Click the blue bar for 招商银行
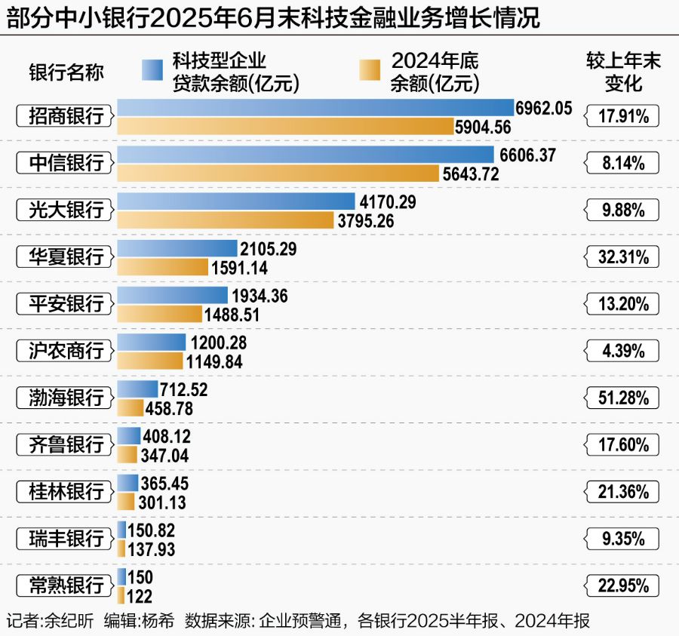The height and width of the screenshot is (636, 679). tap(315, 108)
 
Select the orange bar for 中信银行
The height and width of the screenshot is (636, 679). tap(278, 174)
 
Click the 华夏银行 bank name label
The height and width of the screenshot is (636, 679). tap(66, 257)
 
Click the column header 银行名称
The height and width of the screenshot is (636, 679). tap(66, 72)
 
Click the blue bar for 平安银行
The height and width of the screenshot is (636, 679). tap(172, 295)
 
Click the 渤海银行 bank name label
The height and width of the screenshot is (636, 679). tap(66, 397)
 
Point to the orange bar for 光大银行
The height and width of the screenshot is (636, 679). tap(225, 220)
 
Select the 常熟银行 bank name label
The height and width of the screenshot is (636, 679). tap(66, 585)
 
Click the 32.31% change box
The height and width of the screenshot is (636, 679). tap(622, 257)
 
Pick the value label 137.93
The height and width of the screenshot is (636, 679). tap(151, 549)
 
